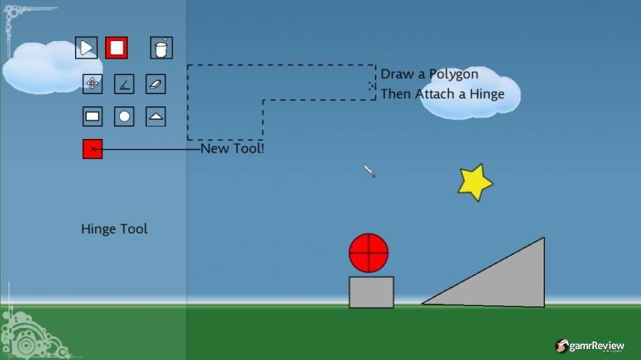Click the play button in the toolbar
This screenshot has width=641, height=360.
click(86, 48)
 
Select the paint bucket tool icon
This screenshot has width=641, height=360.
click(162, 48)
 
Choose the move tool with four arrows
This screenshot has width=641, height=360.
click(92, 84)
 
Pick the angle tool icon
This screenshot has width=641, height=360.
click(124, 84)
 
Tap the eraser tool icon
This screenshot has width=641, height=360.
click(155, 84)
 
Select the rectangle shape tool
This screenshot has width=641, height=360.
click(92, 117)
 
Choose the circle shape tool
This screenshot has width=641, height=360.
click(124, 117)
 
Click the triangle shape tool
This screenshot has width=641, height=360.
click(155, 117)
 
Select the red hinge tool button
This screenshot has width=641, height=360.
click(92, 149)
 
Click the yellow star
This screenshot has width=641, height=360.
click(475, 182)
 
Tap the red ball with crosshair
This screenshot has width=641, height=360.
click(369, 253)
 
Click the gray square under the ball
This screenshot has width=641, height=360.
click(372, 292)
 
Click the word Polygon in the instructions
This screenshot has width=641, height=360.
click(453, 75)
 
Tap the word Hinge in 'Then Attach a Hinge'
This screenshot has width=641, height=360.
click(487, 94)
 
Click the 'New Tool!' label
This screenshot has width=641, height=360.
click(233, 149)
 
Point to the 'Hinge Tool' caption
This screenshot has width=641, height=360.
click(115, 229)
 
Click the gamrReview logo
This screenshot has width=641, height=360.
click(589, 346)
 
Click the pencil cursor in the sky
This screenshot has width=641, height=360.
click(369, 171)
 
